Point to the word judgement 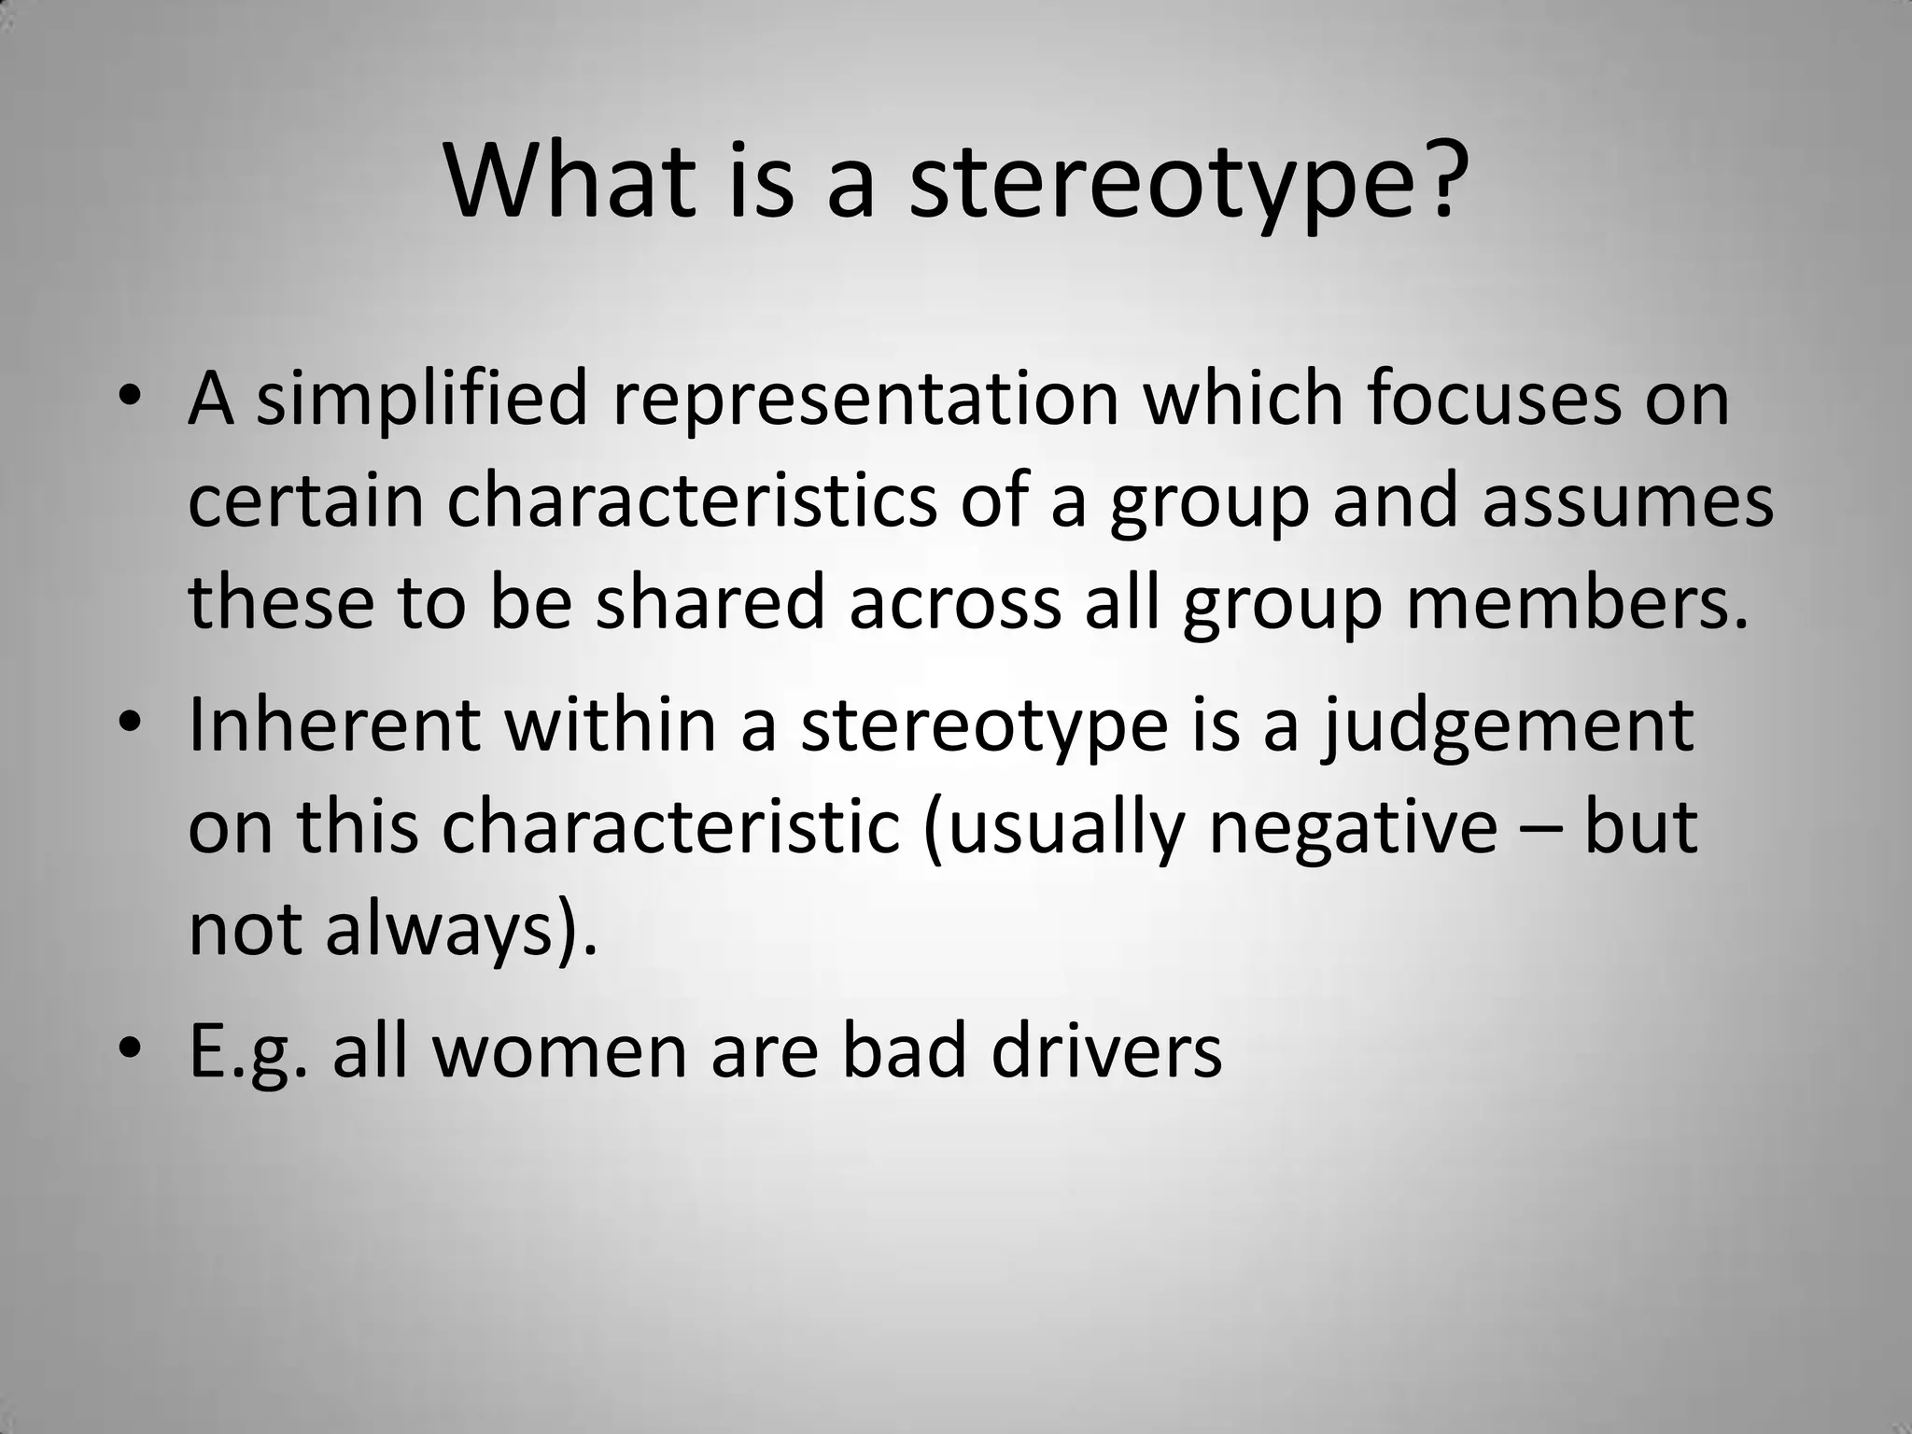tap(1505, 724)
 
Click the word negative tap(1353, 826)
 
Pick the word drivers tap(1106, 1052)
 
